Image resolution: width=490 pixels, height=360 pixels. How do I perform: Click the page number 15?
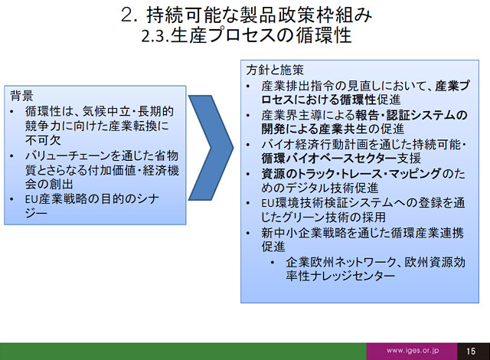tap(471, 352)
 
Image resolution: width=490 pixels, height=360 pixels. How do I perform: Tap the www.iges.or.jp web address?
tap(412, 351)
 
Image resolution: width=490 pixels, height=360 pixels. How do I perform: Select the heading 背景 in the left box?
tap(21, 96)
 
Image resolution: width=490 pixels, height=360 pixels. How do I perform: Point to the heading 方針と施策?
tap(275, 70)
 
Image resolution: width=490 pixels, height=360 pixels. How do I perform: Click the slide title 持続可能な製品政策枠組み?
tap(260, 15)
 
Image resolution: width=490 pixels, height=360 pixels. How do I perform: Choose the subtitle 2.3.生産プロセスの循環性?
tap(247, 35)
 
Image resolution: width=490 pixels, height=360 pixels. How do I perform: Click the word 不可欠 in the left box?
tap(43, 140)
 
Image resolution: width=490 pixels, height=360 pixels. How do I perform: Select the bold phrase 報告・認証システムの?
tap(411, 115)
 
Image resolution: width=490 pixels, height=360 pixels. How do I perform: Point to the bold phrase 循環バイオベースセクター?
tap(328, 158)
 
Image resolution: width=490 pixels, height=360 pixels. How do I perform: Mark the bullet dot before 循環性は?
tap(12, 112)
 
